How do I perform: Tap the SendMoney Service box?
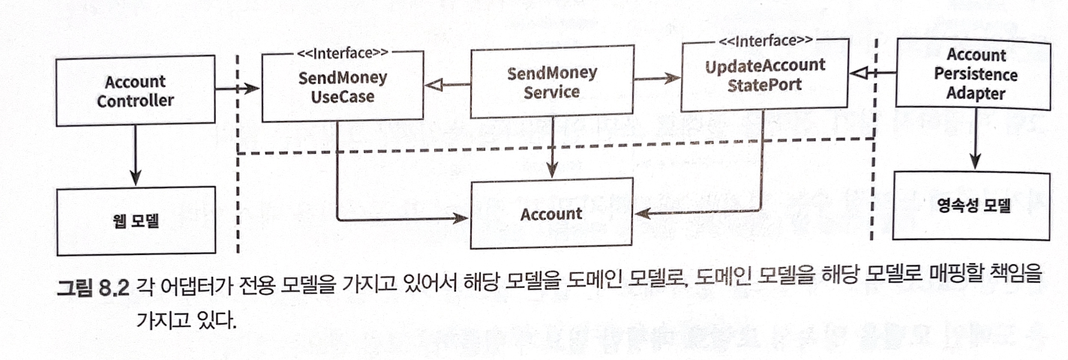(552, 82)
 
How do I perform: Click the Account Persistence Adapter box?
(976, 75)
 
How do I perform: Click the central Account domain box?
(551, 214)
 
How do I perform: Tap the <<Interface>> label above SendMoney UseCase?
(341, 53)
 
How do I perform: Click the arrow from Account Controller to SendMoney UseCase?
(237, 90)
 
